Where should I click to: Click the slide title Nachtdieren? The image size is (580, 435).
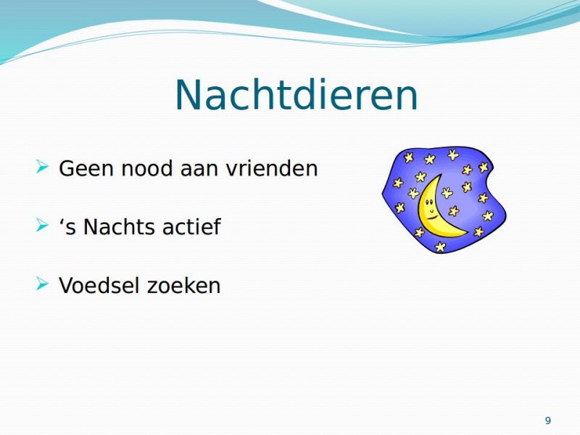[297, 95]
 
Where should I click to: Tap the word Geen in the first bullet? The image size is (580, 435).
[86, 168]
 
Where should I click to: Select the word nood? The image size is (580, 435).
[147, 168]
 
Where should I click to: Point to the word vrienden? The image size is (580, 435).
[272, 168]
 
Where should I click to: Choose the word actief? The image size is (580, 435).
[191, 226]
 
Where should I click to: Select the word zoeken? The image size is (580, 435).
[183, 285]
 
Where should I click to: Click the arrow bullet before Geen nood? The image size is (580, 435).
[43, 167]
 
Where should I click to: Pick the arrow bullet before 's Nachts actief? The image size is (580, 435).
[43, 225]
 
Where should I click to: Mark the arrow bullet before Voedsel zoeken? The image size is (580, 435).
[43, 283]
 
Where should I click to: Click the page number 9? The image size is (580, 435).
[548, 420]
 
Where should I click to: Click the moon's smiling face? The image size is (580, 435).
[429, 207]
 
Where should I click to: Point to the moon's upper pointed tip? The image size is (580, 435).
[442, 174]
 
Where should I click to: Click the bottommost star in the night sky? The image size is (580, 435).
[440, 246]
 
